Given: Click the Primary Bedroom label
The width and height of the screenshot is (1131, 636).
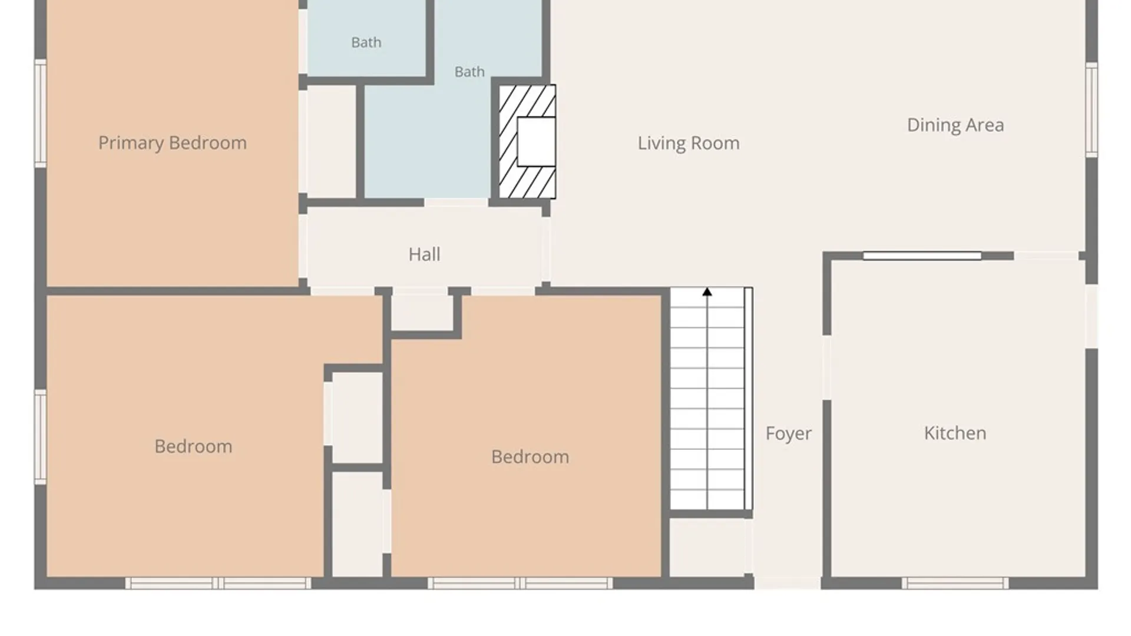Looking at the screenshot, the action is pyautogui.click(x=172, y=143).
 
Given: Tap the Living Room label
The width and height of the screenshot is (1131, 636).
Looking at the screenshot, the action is pyautogui.click(x=689, y=143).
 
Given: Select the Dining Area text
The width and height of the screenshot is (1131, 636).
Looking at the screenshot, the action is pyautogui.click(x=955, y=125).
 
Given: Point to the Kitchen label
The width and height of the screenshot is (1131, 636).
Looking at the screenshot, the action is pyautogui.click(x=955, y=433).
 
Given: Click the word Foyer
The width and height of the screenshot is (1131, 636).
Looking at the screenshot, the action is pyautogui.click(x=788, y=433).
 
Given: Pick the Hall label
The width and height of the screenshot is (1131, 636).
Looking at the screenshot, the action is pyautogui.click(x=424, y=254).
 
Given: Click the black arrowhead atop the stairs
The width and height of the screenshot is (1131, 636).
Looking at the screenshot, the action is pyautogui.click(x=707, y=291).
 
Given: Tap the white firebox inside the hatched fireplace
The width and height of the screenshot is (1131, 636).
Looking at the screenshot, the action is pyautogui.click(x=536, y=141).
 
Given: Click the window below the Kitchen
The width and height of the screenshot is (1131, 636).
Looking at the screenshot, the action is pyautogui.click(x=955, y=583).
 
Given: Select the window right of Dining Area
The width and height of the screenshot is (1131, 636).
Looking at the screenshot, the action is pyautogui.click(x=1092, y=110).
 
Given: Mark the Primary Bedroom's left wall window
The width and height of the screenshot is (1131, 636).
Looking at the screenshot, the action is pyautogui.click(x=40, y=113).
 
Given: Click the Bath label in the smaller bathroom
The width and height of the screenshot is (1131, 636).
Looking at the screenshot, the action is pyautogui.click(x=366, y=42).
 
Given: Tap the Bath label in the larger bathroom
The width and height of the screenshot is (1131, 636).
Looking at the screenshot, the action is pyautogui.click(x=469, y=72).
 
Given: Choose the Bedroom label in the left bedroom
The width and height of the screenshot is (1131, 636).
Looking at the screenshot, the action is pyautogui.click(x=193, y=446).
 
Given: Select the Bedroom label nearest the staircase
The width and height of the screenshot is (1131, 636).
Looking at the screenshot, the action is pyautogui.click(x=530, y=457).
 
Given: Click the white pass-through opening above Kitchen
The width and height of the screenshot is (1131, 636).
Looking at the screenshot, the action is pyautogui.click(x=922, y=256).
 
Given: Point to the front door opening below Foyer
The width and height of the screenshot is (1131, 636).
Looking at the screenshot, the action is pyautogui.click(x=788, y=583).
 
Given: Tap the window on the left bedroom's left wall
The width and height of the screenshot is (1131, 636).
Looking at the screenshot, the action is pyautogui.click(x=40, y=437).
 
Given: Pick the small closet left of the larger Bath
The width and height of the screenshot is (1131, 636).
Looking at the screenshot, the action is pyautogui.click(x=331, y=142).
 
